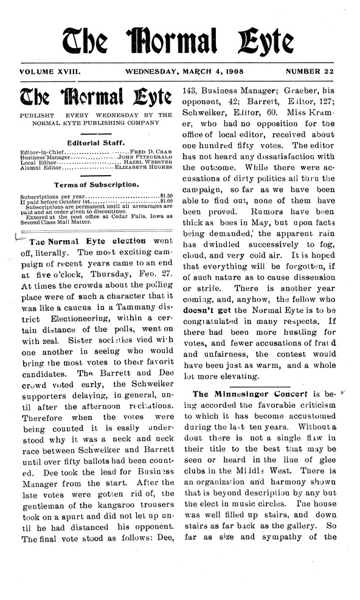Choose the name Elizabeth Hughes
tap(144, 167)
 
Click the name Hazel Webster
tap(150, 161)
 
